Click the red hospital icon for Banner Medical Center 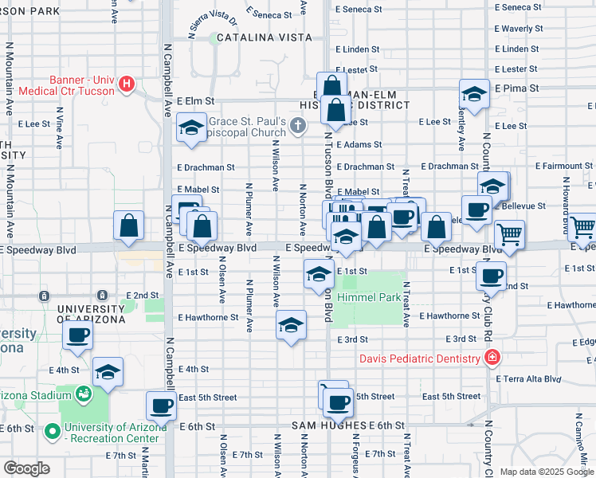[x=126, y=84]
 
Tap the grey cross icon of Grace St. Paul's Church [x=297, y=125]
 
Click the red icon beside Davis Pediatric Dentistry [x=493, y=358]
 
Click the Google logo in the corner [x=25, y=468]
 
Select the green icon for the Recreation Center [x=53, y=432]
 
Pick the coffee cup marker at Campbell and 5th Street [x=162, y=406]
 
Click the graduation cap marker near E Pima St [x=474, y=94]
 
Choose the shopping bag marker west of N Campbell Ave [x=128, y=226]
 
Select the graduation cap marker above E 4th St [x=108, y=373]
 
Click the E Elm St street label [x=197, y=101]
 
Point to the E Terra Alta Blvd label [x=530, y=379]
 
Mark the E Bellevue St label [x=522, y=206]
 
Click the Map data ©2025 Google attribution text [x=547, y=472]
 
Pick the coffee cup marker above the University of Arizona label [x=77, y=335]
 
